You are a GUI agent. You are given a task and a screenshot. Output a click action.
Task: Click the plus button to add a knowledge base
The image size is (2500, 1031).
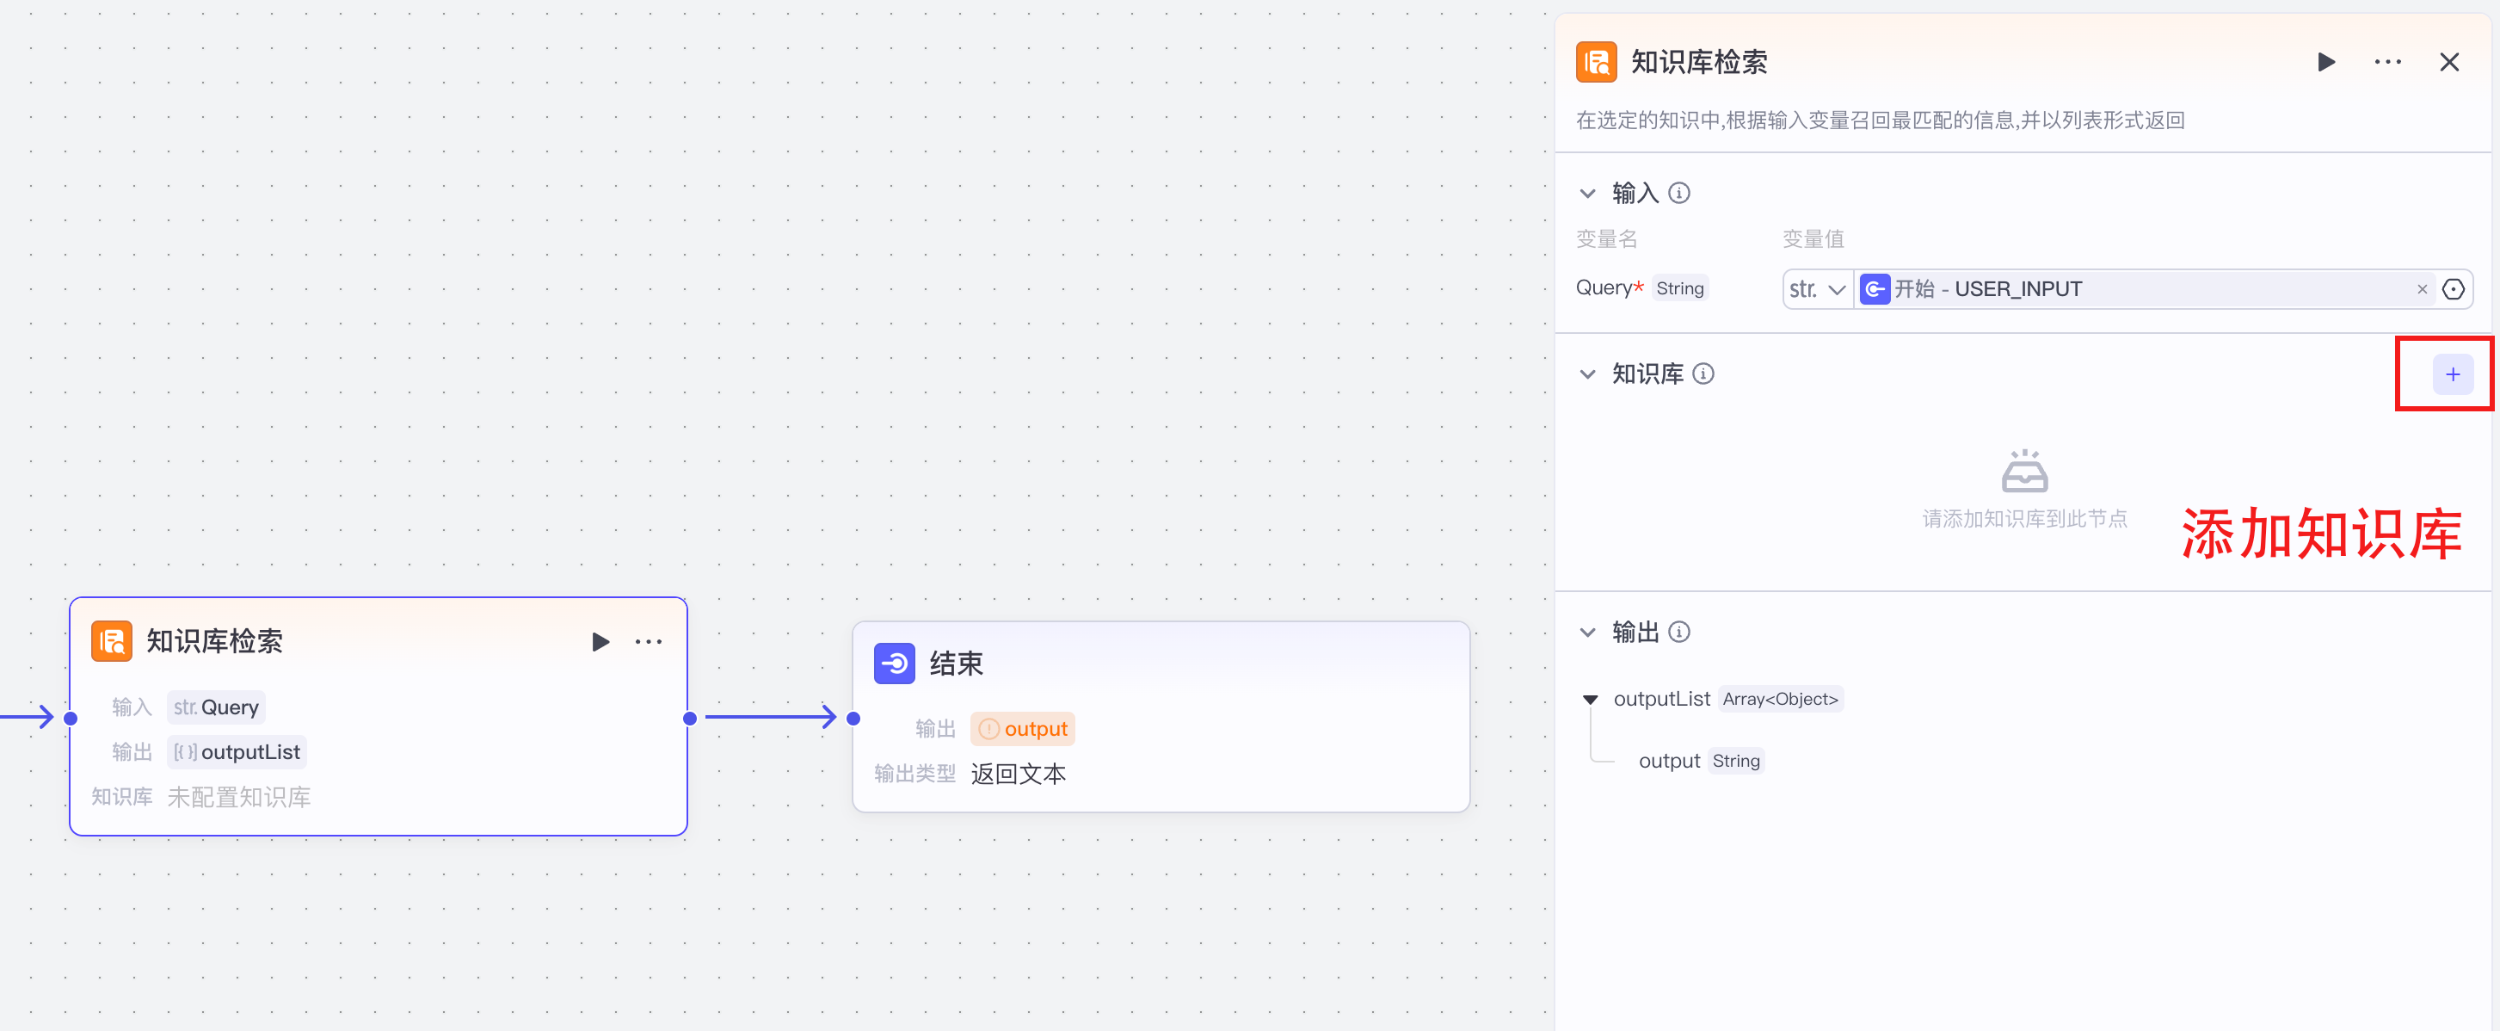(x=2452, y=374)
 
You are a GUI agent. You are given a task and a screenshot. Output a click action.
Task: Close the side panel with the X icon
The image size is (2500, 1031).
(x=2448, y=62)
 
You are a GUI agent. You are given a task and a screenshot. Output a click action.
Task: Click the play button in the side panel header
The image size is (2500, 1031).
(x=2326, y=62)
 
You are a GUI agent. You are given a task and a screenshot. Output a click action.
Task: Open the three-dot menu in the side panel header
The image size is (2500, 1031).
(x=2387, y=62)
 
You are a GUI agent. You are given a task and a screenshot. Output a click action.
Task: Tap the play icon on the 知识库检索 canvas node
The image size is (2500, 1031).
(x=600, y=642)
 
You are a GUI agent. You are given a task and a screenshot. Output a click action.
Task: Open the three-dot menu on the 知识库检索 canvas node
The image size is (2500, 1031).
(x=649, y=642)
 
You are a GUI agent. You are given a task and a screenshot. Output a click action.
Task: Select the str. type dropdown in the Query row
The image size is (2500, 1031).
(x=1817, y=289)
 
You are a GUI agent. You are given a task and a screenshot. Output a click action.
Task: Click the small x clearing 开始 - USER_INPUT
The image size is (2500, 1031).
(x=2422, y=289)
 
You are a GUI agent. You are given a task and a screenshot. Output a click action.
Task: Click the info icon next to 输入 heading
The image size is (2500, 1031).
(x=1679, y=193)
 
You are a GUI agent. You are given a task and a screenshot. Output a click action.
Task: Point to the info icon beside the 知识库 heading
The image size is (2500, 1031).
(x=1703, y=374)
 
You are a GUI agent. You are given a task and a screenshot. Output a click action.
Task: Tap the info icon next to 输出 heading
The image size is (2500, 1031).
(x=1679, y=632)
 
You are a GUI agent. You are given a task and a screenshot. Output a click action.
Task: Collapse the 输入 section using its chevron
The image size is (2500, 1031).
(x=1588, y=193)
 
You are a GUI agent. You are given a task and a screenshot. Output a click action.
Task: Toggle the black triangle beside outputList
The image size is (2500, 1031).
(x=1591, y=699)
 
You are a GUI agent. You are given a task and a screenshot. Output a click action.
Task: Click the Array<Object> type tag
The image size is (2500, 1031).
(x=1780, y=699)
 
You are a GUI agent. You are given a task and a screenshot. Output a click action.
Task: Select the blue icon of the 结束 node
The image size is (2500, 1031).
(x=894, y=664)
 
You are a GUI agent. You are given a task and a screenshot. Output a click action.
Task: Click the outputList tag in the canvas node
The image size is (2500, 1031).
(x=237, y=752)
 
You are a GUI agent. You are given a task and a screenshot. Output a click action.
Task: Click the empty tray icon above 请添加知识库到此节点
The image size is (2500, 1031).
(x=2024, y=471)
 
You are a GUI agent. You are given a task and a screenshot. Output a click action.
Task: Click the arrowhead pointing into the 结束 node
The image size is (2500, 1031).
(x=828, y=718)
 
